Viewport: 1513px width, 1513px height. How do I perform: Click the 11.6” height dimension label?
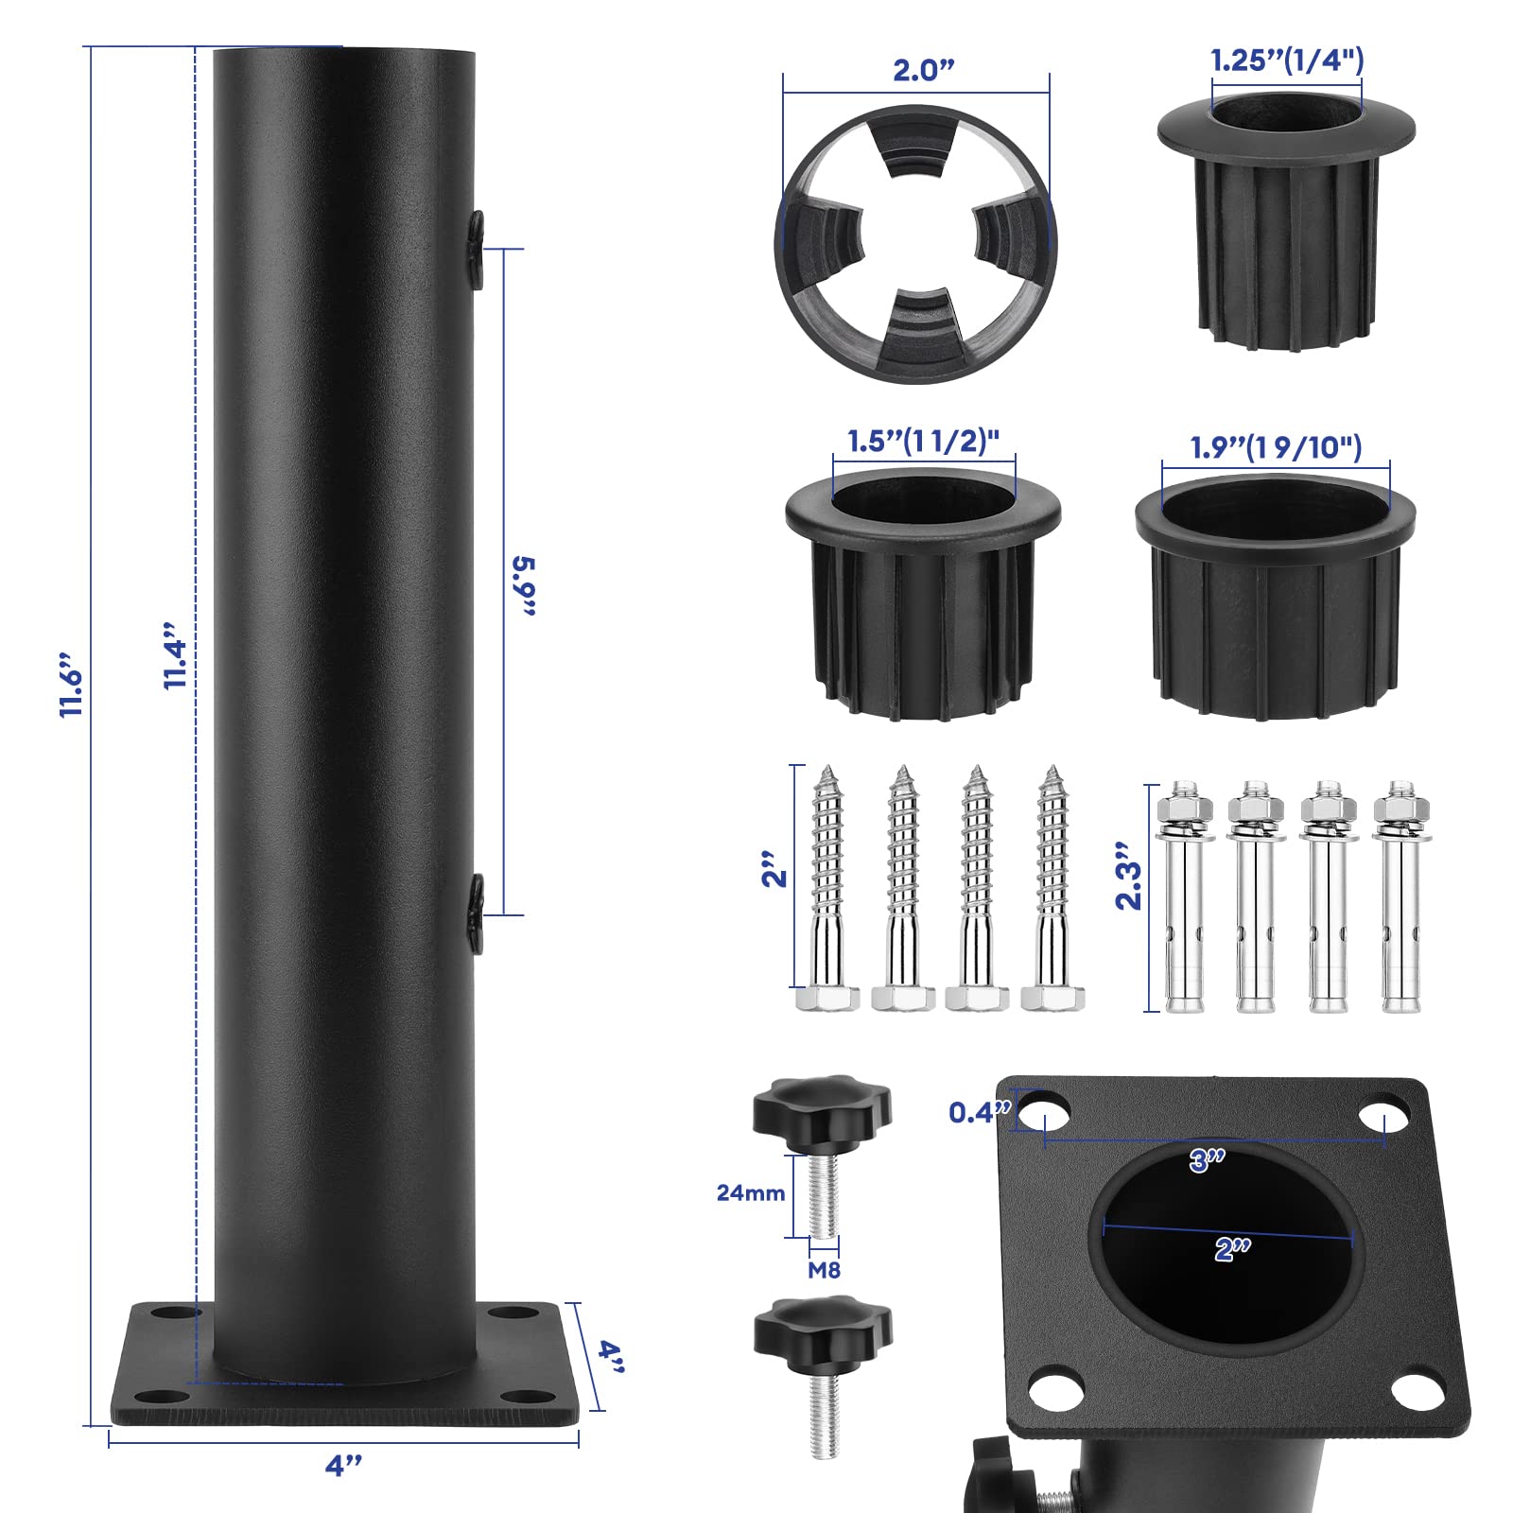[72, 684]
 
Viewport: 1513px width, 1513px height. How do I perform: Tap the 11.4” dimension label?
[175, 655]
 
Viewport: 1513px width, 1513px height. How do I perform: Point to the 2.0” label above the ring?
[924, 70]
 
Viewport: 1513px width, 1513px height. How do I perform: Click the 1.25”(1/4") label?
[1287, 61]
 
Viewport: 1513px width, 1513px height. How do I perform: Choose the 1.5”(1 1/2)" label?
[923, 441]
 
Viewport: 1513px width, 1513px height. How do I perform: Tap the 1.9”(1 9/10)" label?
[1276, 446]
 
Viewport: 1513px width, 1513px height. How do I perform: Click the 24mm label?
[751, 1192]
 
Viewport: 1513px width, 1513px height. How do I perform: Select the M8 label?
[824, 1270]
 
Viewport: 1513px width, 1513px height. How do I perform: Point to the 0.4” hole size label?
[980, 1112]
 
